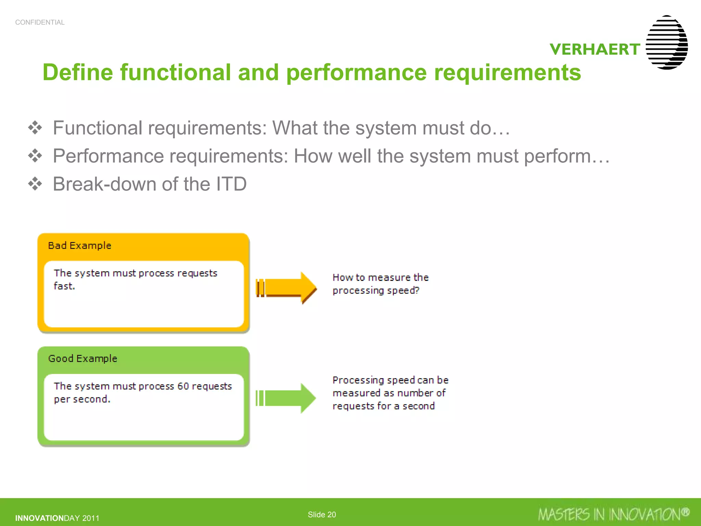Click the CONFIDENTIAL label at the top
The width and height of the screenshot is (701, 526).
40,22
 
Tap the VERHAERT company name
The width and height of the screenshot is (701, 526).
595,49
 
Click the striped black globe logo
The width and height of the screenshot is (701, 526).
666,42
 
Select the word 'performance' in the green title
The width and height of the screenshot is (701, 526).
356,73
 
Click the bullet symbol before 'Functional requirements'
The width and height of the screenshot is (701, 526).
35,128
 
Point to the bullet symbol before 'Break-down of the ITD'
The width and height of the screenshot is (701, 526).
35,184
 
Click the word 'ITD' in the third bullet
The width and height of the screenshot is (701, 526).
231,184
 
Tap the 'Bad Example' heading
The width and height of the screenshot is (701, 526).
79,246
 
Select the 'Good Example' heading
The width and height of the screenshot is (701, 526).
82,359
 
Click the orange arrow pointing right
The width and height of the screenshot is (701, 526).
286,287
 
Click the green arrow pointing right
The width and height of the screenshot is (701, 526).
286,398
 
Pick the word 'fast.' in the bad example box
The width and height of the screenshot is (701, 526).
64,286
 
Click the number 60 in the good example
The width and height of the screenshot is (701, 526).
183,386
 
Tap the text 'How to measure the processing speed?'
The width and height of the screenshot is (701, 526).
380,284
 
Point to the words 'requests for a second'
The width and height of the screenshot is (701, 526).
383,406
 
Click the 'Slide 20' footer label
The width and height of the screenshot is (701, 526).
322,514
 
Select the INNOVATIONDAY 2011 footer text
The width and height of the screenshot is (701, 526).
57,518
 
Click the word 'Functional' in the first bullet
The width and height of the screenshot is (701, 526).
97,128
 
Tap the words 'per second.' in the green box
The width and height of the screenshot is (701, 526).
82,399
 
